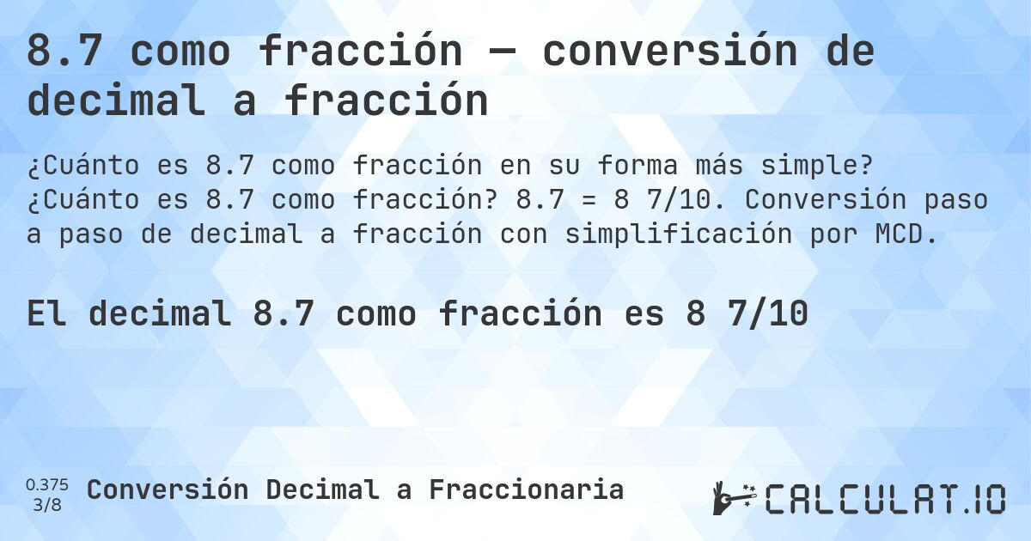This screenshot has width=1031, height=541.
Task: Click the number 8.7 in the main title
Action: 65,52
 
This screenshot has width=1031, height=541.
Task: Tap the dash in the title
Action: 502,53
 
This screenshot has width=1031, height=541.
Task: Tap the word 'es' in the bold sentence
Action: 644,314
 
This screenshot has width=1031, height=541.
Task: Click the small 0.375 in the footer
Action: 47,484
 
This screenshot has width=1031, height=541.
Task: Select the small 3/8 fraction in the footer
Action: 47,504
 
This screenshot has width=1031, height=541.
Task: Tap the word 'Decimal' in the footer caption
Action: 321,489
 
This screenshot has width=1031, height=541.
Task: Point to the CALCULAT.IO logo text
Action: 885,498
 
